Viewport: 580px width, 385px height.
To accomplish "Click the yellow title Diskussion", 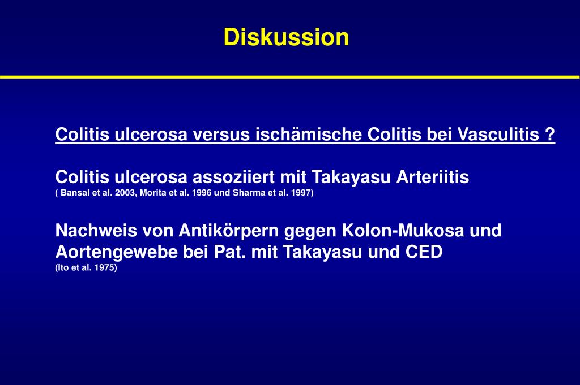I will (286, 37).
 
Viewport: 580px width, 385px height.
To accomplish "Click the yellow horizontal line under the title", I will (290, 76).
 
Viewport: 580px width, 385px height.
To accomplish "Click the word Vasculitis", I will (497, 135).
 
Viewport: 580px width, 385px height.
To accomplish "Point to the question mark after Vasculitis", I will (550, 135).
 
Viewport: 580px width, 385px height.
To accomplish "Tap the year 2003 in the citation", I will (123, 193).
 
